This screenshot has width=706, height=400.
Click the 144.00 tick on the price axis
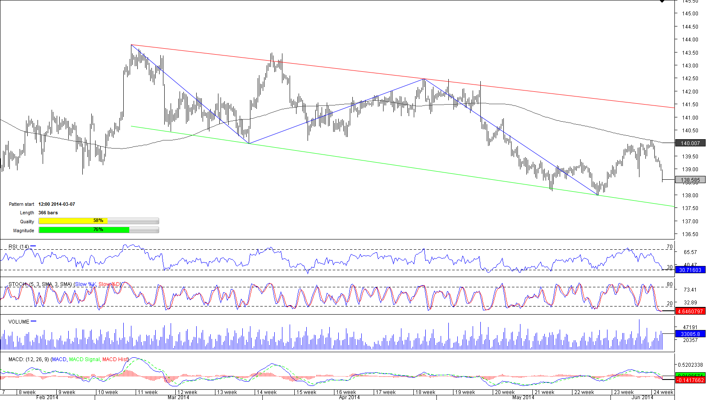pos(690,40)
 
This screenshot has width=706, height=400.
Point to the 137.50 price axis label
pos(690,208)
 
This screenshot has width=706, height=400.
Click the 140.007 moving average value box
pos(690,143)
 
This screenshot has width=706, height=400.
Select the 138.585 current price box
pos(690,180)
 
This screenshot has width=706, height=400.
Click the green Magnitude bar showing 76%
pos(84,230)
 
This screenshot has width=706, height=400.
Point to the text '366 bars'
pos(48,213)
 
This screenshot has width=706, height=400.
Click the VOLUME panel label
pos(19,322)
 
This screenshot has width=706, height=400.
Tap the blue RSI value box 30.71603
pos(690,270)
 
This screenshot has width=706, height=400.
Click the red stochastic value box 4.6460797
pos(690,312)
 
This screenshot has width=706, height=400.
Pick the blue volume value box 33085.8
pos(690,334)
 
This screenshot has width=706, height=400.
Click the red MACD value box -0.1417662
pos(690,380)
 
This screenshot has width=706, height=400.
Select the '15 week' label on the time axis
pos(306,392)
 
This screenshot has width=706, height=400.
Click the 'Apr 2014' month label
pos(349,397)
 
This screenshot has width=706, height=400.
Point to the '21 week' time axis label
pos(544,392)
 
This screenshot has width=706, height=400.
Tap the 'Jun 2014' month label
pos(642,397)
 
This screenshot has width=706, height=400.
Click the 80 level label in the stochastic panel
pos(669,284)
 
